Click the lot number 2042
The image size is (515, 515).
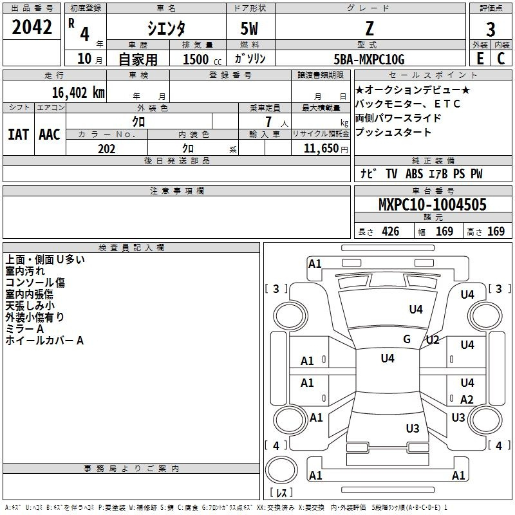click(32, 27)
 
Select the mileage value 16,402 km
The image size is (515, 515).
click(78, 93)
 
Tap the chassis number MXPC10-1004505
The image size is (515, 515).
click(432, 205)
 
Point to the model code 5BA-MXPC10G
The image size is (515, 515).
click(369, 59)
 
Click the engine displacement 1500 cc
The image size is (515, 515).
click(202, 59)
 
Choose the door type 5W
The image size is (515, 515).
click(249, 28)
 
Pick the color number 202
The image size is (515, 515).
click(106, 149)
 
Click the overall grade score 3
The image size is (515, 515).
click(491, 29)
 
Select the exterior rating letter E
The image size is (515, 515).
click(480, 59)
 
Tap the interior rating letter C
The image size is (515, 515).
click(501, 59)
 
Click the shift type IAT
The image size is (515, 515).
click(18, 135)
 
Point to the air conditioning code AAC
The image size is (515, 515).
click(50, 135)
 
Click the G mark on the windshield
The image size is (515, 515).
click(407, 339)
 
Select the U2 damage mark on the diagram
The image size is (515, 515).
click(433, 340)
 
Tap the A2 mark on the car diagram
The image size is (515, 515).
click(467, 399)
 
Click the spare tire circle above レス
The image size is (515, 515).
click(281, 469)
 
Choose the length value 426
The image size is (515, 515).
click(391, 231)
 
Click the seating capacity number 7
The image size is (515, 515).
click(268, 122)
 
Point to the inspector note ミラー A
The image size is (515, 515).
click(24, 329)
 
